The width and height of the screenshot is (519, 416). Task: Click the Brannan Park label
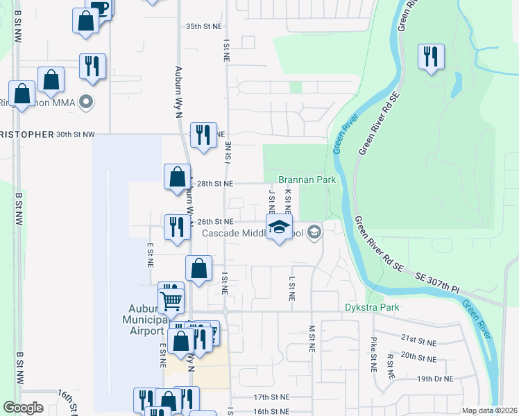click(307, 180)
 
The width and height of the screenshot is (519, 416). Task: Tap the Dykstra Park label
click(373, 307)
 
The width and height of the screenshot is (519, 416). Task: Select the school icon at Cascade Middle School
click(279, 227)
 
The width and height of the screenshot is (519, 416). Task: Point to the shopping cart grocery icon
click(171, 300)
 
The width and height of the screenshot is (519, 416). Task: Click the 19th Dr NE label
click(435, 379)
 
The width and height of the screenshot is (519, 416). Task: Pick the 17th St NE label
click(271, 397)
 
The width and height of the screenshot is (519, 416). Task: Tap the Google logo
click(23, 408)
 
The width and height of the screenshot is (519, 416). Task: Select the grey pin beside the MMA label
click(86, 103)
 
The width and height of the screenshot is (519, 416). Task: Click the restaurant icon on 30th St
click(202, 135)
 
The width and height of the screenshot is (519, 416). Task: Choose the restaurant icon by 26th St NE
click(176, 227)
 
